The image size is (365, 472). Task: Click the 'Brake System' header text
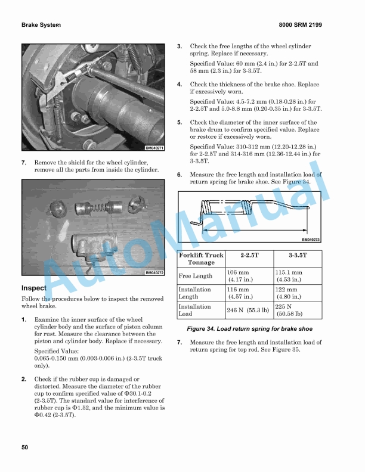[41, 25]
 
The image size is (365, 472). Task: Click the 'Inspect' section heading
[34, 288]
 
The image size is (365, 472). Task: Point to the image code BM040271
[154, 148]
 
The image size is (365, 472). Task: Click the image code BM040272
[154, 273]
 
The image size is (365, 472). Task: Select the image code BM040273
[311, 240]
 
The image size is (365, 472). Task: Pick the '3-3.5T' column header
[298, 255]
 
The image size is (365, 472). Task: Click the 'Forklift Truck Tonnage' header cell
[201, 259]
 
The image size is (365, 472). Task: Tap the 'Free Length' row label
[195, 276]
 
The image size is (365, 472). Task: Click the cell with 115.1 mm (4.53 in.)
[289, 276]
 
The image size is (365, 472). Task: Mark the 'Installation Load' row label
[195, 310]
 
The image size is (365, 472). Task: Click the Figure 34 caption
[249, 329]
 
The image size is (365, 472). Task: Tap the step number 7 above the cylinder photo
[24, 162]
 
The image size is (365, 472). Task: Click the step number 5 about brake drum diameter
[180, 122]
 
